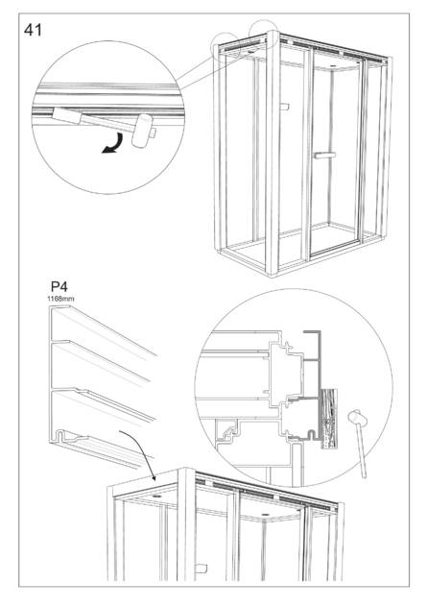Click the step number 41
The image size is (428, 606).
pos(33,30)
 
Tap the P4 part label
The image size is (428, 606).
pos(59,287)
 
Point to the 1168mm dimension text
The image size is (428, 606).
pos(60,299)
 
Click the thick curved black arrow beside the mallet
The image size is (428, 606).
pos(112,143)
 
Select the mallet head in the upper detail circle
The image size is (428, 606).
pos(141,131)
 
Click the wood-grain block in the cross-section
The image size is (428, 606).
pos(329,418)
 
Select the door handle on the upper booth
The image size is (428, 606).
pos(324,156)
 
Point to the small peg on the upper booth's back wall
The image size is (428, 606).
pos(284,107)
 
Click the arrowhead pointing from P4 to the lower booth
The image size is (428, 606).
pos(154,477)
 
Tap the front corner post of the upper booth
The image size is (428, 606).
pos(273,154)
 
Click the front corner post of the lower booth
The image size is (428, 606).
pos(186,524)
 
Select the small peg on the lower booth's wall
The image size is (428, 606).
pos(202,569)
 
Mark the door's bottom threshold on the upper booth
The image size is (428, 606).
pos(335,248)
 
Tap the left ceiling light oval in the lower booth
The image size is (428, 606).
pos(156,496)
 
